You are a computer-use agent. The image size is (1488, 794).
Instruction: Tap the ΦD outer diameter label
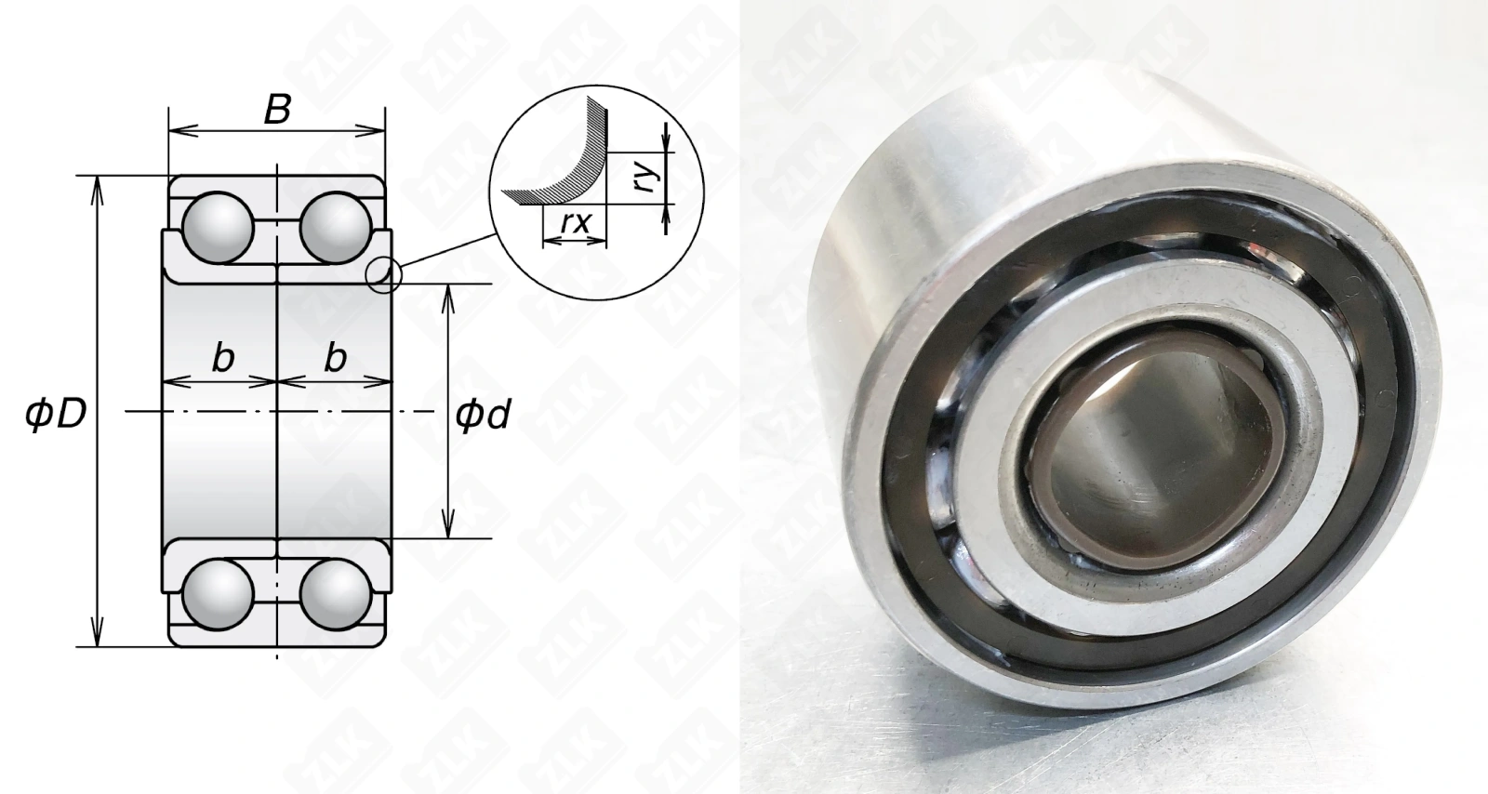(x=56, y=415)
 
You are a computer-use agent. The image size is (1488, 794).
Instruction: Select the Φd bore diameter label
(x=483, y=415)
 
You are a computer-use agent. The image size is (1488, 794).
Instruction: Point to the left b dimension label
(x=223, y=359)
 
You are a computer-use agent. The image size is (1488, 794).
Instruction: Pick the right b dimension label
(x=336, y=359)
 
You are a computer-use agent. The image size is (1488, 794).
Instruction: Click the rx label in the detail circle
(x=575, y=222)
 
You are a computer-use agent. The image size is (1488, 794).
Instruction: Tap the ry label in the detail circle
(x=646, y=174)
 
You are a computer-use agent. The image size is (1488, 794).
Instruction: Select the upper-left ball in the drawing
(x=218, y=228)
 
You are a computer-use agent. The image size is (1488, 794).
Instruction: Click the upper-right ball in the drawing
(x=335, y=228)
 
